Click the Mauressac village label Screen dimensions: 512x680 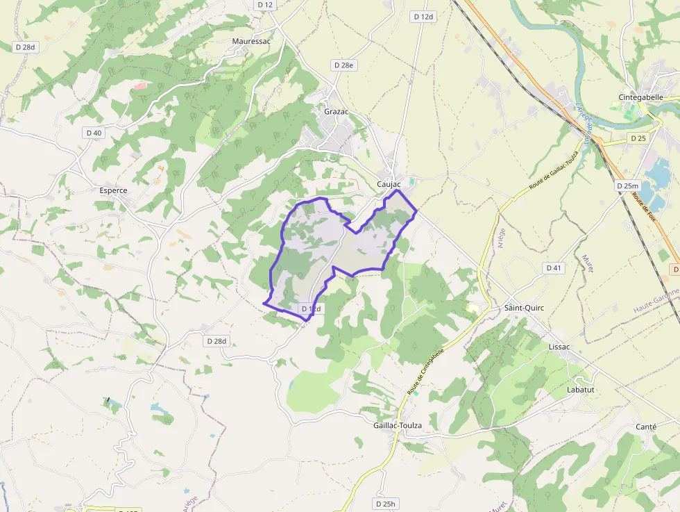tap(251, 41)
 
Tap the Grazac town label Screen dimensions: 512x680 tap(336, 111)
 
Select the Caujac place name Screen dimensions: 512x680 tap(389, 184)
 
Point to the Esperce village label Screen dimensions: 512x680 tap(113, 190)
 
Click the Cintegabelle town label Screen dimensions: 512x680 tap(640, 97)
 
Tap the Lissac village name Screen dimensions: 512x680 tap(559, 346)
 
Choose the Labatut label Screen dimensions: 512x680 tap(581, 390)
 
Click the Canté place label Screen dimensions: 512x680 tap(645, 427)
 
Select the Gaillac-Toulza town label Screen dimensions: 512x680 tap(398, 425)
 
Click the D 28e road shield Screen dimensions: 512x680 tap(343, 65)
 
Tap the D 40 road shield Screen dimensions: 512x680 tap(93, 133)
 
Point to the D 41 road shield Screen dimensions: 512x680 tap(553, 267)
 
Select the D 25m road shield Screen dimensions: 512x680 tap(627, 185)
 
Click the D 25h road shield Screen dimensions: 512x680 tap(384, 504)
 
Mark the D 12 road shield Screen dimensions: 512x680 tap(265, 4)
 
